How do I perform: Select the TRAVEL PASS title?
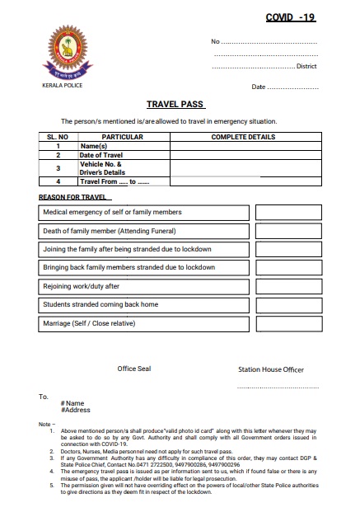tap(175, 106)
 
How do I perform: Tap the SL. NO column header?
tap(58, 136)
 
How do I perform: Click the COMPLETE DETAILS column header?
tap(243, 136)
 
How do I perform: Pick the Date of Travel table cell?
tap(124, 155)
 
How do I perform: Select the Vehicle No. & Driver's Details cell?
tap(124, 167)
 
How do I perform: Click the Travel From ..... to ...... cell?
tap(124, 181)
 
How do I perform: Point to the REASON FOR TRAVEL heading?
tap(73, 198)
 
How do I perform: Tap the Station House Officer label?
tap(270, 370)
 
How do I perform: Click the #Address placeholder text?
tap(76, 410)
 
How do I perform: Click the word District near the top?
tap(306, 66)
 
